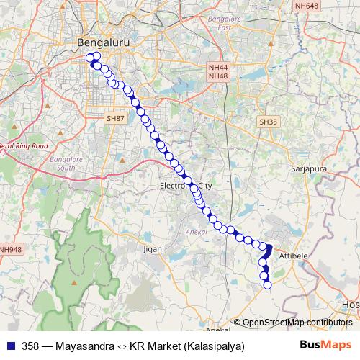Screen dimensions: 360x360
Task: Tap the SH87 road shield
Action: (x=115, y=117)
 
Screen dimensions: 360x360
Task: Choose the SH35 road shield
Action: (x=269, y=122)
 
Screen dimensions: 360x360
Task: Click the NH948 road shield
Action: (x=10, y=250)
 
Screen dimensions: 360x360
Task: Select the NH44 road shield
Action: (x=217, y=68)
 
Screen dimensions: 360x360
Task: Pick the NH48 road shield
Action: (x=217, y=76)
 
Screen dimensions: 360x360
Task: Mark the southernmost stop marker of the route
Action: (x=267, y=285)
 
